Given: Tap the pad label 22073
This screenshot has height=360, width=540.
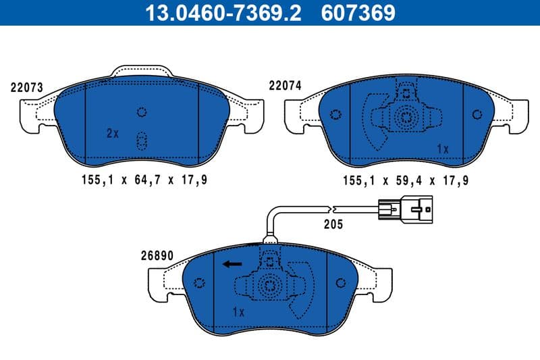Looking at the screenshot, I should pyautogui.click(x=27, y=88).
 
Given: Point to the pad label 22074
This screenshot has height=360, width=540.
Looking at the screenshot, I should pyautogui.click(x=285, y=86).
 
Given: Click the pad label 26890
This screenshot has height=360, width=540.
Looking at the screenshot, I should pyautogui.click(x=158, y=256).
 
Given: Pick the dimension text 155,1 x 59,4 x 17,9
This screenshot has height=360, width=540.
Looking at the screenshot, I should pyautogui.click(x=406, y=180).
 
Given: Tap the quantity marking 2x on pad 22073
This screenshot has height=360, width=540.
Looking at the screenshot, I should pyautogui.click(x=112, y=134).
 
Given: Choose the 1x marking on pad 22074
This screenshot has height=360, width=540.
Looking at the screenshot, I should pyautogui.click(x=443, y=148).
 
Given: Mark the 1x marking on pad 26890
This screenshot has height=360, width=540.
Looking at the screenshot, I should pyautogui.click(x=238, y=312).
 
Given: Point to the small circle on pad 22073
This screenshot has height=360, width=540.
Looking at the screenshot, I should pyautogui.click(x=142, y=112).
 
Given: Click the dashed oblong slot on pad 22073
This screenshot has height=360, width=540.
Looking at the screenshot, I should pyautogui.click(x=142, y=140).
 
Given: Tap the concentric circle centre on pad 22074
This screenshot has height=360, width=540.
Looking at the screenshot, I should pyautogui.click(x=406, y=117).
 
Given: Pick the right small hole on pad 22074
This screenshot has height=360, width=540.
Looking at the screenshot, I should pyautogui.click(x=479, y=113).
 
